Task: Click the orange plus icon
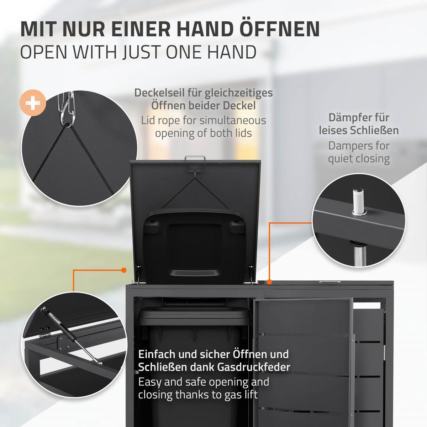(x=33, y=103)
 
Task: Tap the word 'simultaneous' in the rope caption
(x=232, y=121)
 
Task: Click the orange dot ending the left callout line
(x=123, y=270)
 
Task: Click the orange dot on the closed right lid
(x=269, y=282)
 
